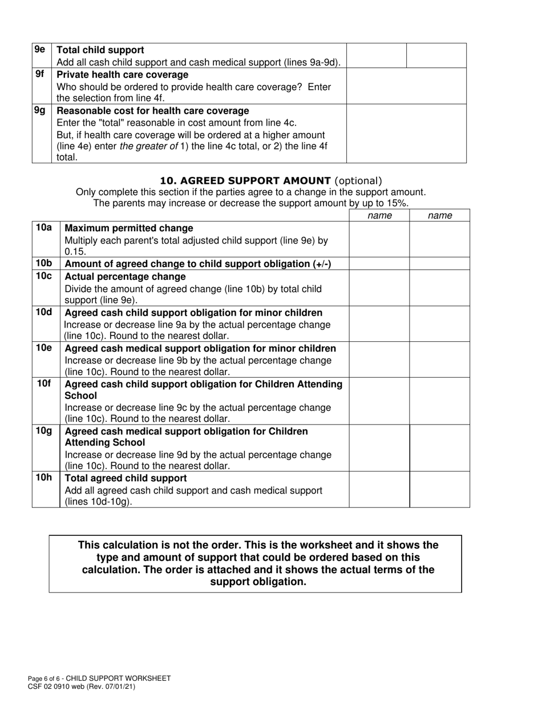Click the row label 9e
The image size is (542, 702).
click(40, 50)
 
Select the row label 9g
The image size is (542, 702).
click(40, 110)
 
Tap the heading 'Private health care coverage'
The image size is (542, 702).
click(122, 75)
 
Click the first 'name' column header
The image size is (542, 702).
click(379, 215)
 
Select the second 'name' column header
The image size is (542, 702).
click(440, 215)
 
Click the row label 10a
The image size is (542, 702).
click(44, 228)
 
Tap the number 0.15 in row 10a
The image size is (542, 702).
click(74, 252)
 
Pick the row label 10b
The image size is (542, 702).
click(44, 263)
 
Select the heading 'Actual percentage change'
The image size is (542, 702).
click(125, 276)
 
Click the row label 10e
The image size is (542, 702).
click(44, 348)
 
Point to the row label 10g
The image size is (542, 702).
click(44, 430)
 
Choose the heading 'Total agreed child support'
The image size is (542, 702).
click(126, 478)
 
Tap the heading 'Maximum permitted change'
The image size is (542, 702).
click(129, 228)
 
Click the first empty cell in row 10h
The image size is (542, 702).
click(379, 489)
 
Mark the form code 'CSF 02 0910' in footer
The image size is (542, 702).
click(52, 687)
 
